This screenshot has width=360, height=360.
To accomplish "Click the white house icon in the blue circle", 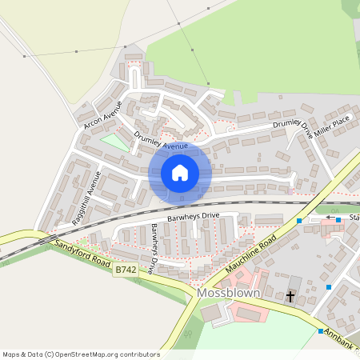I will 180,173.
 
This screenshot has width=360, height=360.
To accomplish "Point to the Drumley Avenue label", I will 161,142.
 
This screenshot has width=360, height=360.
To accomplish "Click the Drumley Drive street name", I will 293,126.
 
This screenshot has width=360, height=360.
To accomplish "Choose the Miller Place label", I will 332,126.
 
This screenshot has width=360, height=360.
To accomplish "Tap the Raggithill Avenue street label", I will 86,195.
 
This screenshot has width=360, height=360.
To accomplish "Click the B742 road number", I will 125,271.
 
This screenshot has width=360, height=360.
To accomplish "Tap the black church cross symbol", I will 290,297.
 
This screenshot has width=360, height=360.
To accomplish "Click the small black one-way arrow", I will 330,218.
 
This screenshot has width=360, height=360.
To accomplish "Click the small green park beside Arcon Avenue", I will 114,141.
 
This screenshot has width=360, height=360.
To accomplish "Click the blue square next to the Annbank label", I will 321,331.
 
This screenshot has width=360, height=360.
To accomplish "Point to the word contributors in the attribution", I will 140,354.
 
